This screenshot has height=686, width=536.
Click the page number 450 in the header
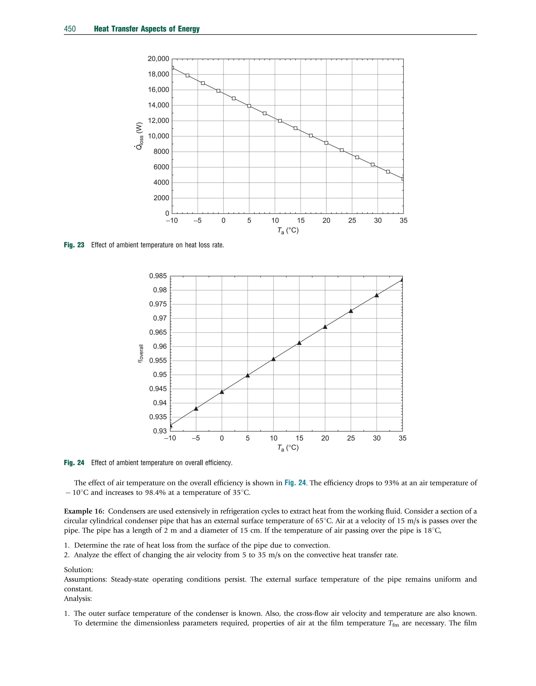point(70,29)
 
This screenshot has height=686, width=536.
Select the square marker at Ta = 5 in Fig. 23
point(249,106)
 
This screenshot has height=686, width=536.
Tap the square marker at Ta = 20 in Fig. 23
point(326,143)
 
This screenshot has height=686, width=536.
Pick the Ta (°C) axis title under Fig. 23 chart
point(288,231)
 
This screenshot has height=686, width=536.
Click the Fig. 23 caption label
point(74,245)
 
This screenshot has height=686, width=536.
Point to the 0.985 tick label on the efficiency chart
point(158,276)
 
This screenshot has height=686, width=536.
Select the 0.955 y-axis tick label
point(158,360)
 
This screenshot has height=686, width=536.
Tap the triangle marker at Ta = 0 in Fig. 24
point(222,392)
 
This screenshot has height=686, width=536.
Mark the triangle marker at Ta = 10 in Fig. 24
point(273,359)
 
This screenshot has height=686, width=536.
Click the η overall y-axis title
point(141,354)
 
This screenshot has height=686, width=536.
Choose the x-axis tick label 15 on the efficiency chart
point(299,438)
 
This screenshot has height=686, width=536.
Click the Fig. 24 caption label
point(74,463)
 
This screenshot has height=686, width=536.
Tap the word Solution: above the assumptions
point(79,570)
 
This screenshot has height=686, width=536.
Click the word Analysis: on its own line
point(78,599)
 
